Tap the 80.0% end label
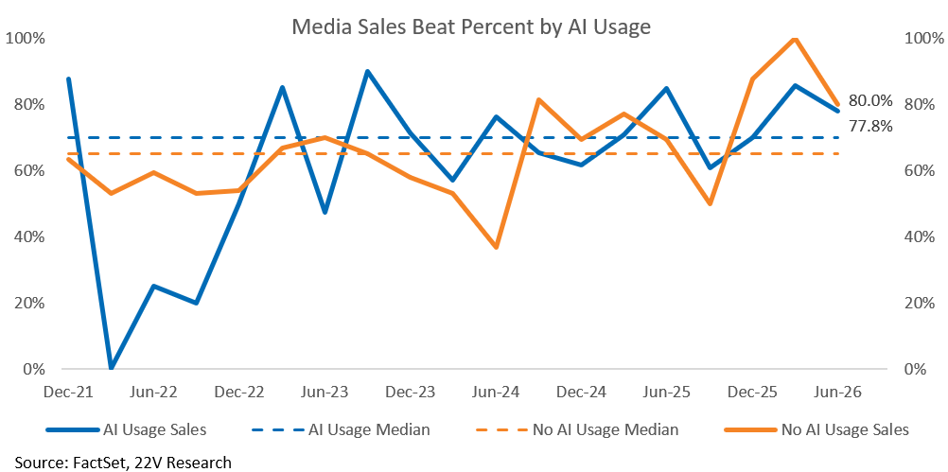tap(870, 101)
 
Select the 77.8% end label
tap(870, 127)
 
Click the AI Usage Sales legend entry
tap(127, 429)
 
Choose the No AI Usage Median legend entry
tap(576, 429)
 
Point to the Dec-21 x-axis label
tap(68, 393)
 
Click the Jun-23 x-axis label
tap(325, 393)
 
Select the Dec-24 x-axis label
tap(582, 393)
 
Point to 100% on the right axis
tap(924, 39)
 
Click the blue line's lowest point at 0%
tap(112, 368)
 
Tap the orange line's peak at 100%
tap(795, 40)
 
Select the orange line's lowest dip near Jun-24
tap(497, 247)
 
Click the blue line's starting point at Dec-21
tap(68, 79)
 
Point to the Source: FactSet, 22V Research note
tap(123, 463)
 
